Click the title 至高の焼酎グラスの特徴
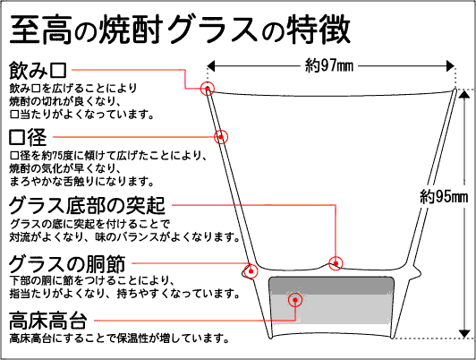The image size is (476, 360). click(180, 30)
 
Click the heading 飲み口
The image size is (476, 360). click(38, 71)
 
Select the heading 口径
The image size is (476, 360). click(28, 137)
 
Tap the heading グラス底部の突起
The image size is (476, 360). click(87, 205)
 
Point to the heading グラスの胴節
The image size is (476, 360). click(67, 263)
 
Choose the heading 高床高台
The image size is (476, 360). click(48, 321)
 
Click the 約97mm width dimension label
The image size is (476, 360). click(329, 65)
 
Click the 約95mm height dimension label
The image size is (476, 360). click(444, 197)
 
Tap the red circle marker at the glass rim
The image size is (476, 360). click(208, 89)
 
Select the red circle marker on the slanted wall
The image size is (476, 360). click(221, 137)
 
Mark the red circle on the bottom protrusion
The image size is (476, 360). click(336, 263)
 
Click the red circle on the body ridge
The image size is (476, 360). click(251, 270)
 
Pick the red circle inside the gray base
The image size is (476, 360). click(295, 300)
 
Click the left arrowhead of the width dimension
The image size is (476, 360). click(211, 65)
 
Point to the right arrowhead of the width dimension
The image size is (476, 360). click(451, 65)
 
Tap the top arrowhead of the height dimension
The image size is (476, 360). click(464, 94)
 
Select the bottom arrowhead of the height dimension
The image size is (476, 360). click(464, 333)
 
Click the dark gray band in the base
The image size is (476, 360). click(331, 286)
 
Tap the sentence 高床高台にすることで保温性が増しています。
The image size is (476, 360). click(119, 339)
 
